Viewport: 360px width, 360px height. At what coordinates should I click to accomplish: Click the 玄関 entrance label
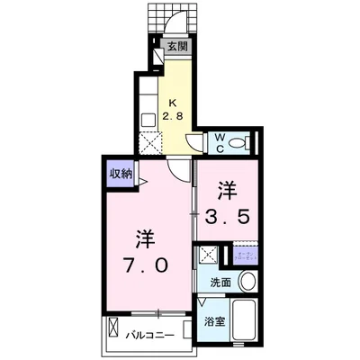(176, 46)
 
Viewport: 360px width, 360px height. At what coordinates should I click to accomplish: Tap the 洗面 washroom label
(220, 282)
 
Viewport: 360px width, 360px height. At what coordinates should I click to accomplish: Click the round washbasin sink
(249, 281)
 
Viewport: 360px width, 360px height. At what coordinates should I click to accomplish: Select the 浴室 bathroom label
(214, 321)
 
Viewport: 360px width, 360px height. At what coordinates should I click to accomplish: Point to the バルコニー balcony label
(149, 337)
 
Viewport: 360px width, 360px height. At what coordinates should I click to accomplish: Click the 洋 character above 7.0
(143, 238)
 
